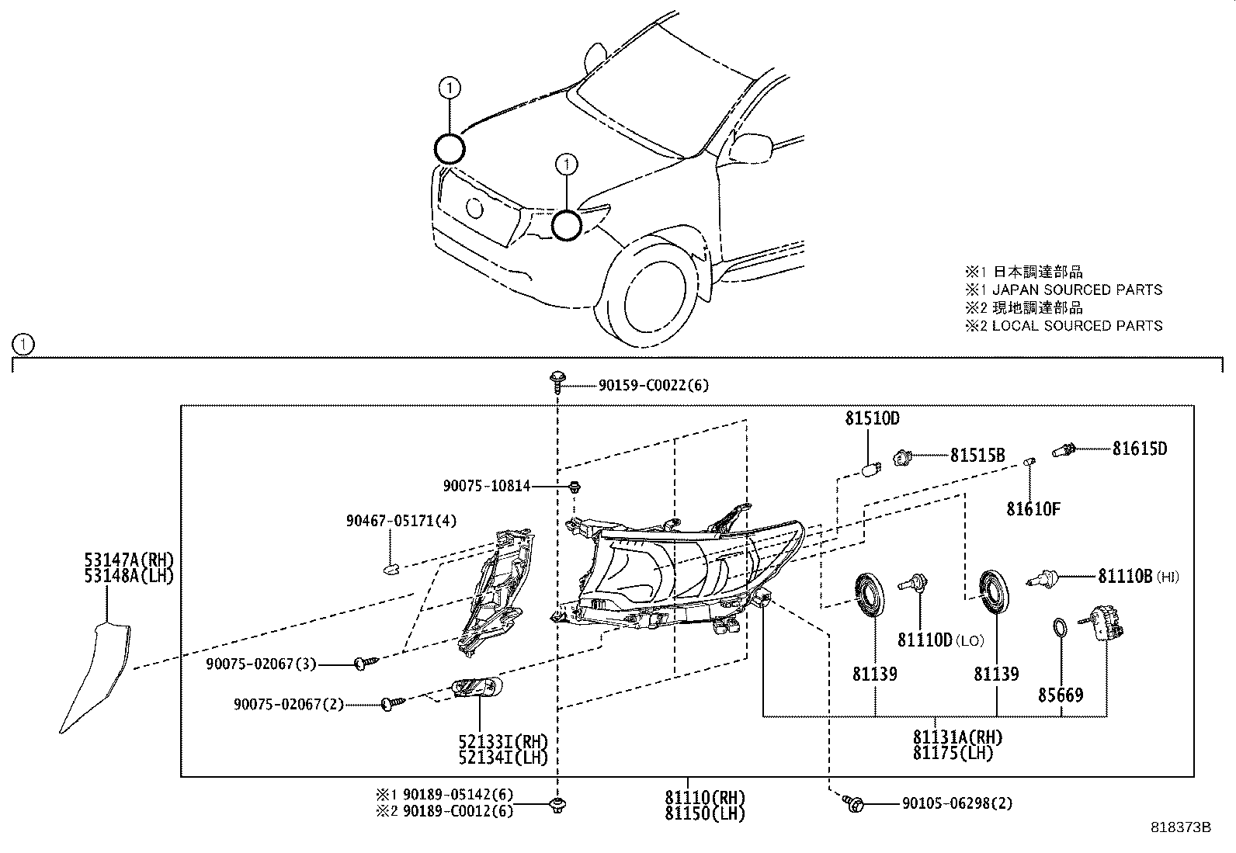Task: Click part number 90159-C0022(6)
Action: pyautogui.click(x=652, y=384)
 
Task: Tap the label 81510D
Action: pyautogui.click(x=872, y=419)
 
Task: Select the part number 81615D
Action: pyautogui.click(x=1139, y=449)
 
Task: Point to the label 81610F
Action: pyautogui.click(x=1033, y=509)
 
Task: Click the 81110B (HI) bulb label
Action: pyautogui.click(x=1137, y=577)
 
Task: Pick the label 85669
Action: pyautogui.click(x=1061, y=695)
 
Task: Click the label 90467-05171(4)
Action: pyautogui.click(x=401, y=521)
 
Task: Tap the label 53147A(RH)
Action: pyautogui.click(x=130, y=560)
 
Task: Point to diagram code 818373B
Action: pyautogui.click(x=1180, y=827)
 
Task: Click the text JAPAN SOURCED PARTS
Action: pyautogui.click(x=1078, y=290)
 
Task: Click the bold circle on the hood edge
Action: pyautogui.click(x=449, y=148)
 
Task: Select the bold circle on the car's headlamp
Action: pyautogui.click(x=567, y=225)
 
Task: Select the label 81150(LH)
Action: pyautogui.click(x=704, y=813)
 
